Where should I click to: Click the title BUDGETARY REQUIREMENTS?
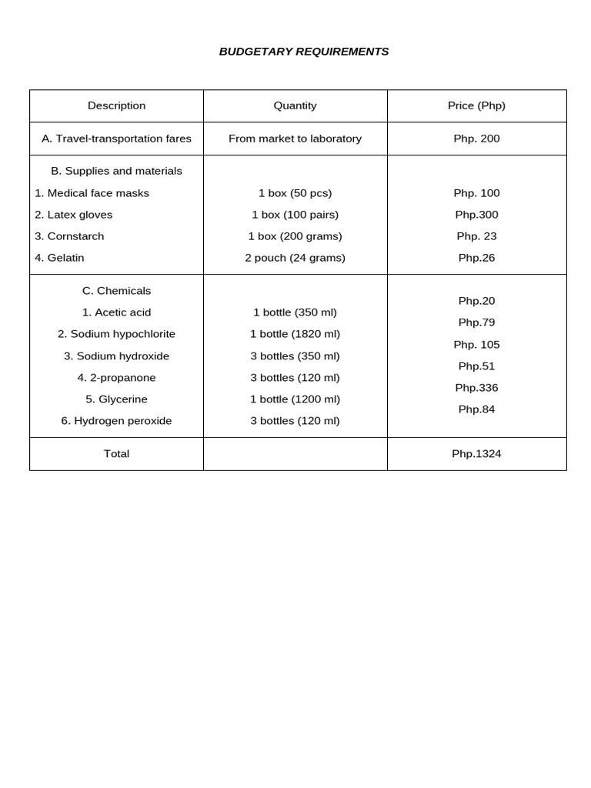point(304,52)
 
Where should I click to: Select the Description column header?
point(116,106)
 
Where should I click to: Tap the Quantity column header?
point(295,106)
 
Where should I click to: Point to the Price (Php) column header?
point(476,106)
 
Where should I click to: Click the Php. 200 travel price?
point(476,139)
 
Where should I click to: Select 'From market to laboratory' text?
point(295,139)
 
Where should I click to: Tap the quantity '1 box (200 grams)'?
point(295,236)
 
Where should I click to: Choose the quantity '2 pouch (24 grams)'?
point(295,258)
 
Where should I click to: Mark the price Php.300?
point(476,215)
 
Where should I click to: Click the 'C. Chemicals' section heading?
point(116,291)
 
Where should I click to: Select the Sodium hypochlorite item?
point(116,334)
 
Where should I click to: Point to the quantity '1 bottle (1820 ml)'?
point(295,334)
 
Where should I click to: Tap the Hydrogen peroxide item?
point(116,421)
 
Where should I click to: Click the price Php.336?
point(476,388)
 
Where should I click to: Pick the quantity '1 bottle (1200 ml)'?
point(295,399)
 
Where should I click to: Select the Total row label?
point(116,454)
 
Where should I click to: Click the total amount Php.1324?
point(476,454)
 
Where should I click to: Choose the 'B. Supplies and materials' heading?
point(116,171)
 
